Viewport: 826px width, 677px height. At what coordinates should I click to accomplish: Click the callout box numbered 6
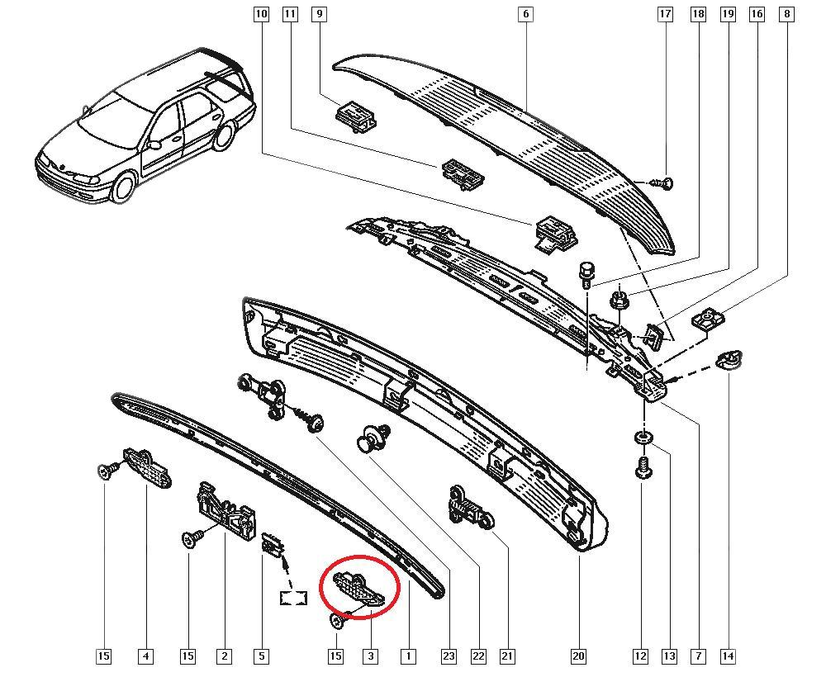click(x=525, y=14)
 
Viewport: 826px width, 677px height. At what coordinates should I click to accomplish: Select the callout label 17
click(x=665, y=14)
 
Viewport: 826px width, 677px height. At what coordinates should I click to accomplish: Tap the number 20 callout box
click(x=578, y=656)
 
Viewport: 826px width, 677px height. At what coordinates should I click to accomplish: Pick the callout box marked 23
click(x=449, y=656)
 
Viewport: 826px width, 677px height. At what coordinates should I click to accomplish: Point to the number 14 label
click(x=728, y=656)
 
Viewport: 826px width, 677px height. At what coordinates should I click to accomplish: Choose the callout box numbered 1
click(x=408, y=656)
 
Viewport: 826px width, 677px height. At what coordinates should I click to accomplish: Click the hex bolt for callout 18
click(x=586, y=274)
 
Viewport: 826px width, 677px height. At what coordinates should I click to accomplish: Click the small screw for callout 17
click(x=663, y=184)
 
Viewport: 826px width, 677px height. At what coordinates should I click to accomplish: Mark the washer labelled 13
click(x=641, y=437)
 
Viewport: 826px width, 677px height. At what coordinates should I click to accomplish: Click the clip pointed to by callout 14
click(x=729, y=360)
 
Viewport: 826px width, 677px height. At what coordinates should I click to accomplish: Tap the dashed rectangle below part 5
click(x=293, y=598)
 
